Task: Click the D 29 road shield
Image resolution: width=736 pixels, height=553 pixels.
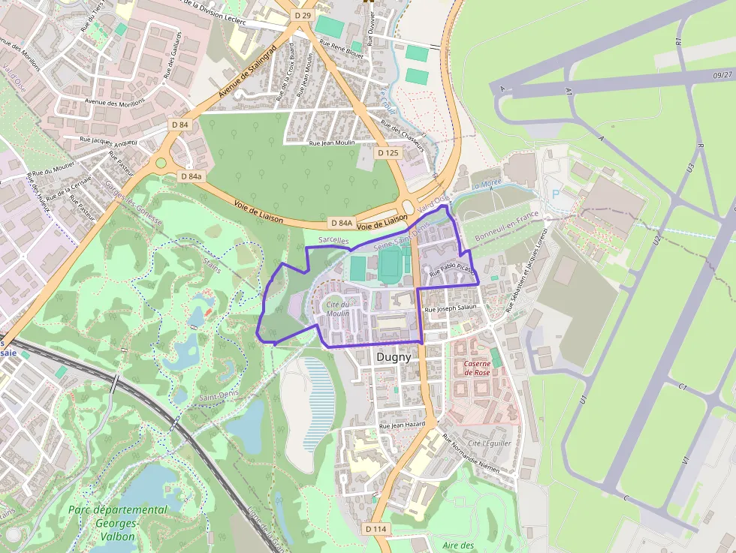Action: point(303,15)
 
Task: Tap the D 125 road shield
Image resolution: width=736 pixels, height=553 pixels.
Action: point(388,153)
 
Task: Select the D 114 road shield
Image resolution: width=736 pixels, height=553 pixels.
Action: point(377,529)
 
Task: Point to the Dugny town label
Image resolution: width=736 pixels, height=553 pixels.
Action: point(394,357)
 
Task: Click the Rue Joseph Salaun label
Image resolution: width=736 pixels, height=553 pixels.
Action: point(451,308)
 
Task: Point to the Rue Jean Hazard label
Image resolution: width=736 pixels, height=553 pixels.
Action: point(403,425)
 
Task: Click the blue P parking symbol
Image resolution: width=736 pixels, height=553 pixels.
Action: point(557,194)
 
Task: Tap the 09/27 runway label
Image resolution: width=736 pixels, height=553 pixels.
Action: point(722,75)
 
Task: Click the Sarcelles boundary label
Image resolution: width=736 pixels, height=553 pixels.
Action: point(333,241)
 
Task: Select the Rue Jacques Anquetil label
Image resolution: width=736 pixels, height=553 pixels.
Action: point(109,140)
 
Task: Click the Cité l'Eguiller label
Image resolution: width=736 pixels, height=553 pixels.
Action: point(485,443)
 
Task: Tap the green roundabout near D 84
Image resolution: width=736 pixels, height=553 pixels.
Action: point(160,163)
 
